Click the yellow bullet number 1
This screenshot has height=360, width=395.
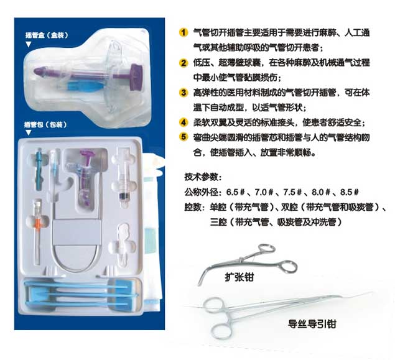(184, 30)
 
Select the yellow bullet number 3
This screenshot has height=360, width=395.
(184, 92)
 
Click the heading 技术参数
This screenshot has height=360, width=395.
(203, 176)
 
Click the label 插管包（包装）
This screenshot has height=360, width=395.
(46, 124)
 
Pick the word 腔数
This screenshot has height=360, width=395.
(193, 206)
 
